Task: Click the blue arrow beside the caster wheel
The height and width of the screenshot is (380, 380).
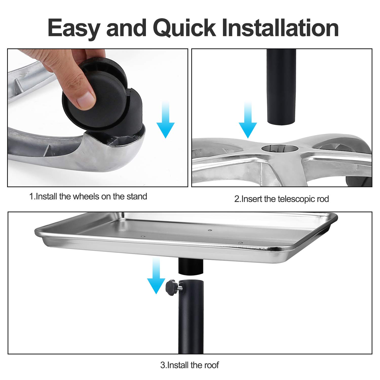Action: (x=165, y=119)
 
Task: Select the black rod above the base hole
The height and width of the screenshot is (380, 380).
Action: (x=281, y=86)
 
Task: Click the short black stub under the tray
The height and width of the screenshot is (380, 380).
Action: (x=191, y=266)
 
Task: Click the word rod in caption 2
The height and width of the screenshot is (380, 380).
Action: (x=323, y=199)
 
